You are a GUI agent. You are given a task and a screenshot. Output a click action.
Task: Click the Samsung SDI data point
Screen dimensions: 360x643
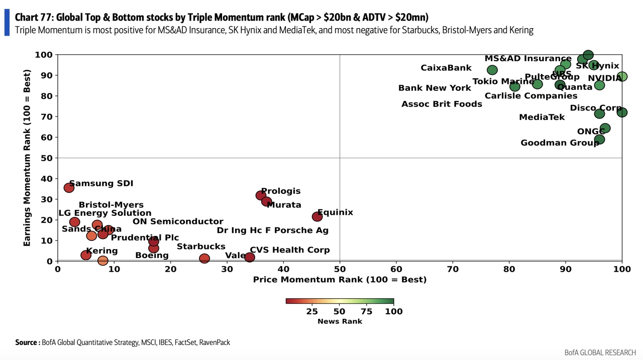click(69, 188)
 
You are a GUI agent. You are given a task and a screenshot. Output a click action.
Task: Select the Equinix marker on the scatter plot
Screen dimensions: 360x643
click(317, 216)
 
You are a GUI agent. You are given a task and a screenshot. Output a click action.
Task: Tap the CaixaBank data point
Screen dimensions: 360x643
click(492, 70)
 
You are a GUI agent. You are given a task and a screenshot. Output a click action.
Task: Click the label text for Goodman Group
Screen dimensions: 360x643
click(560, 143)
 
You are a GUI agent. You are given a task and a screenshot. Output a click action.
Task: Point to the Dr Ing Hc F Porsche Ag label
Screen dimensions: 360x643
click(272, 230)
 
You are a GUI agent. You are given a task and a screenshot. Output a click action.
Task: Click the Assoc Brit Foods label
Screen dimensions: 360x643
click(442, 104)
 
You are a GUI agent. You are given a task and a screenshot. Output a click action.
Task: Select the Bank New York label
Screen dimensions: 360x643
click(435, 88)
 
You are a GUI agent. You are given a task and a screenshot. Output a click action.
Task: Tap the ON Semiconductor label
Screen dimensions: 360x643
click(178, 221)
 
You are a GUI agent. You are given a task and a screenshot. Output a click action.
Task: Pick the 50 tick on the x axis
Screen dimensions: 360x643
click(340, 270)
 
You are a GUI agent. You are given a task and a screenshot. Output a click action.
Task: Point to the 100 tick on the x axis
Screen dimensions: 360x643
click(622, 270)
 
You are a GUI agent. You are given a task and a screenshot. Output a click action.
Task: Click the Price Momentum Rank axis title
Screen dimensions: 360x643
click(340, 280)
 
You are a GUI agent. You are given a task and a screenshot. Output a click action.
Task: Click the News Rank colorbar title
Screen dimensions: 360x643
click(340, 321)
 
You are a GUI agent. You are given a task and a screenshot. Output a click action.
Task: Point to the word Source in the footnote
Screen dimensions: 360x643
click(26, 342)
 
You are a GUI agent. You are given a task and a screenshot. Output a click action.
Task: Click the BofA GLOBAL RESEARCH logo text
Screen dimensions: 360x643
click(600, 352)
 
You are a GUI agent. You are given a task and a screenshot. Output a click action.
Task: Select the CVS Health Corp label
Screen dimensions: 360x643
click(289, 250)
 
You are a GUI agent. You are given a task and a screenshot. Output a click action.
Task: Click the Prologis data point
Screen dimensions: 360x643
click(261, 195)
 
